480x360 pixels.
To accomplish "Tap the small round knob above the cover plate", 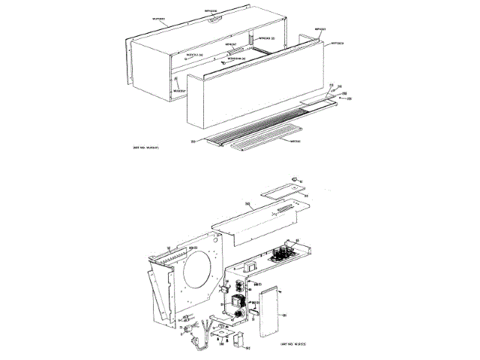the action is pos(295,179).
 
